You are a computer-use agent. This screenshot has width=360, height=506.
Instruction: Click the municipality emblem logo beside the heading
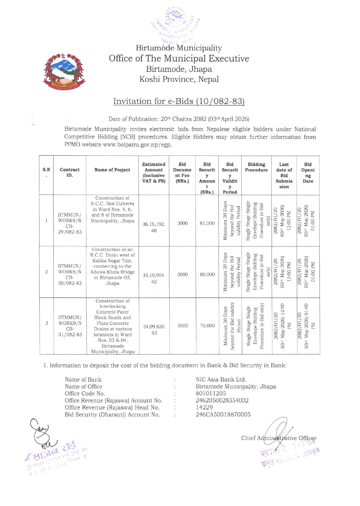[x=64, y=71]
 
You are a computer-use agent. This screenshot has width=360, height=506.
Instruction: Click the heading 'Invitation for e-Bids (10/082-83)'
[x=179, y=101]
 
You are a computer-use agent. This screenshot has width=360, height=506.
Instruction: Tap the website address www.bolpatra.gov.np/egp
[x=137, y=144]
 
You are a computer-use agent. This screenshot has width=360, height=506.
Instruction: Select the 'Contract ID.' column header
[x=70, y=172]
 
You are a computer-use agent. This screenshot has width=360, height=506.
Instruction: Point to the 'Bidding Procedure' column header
[x=256, y=167]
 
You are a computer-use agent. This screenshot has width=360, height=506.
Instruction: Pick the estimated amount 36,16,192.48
[x=154, y=227]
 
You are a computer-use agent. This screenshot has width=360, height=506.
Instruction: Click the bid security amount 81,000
[x=207, y=223]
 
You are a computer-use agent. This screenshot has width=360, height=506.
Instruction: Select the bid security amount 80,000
[x=207, y=274]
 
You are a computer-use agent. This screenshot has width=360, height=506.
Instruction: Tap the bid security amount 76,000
[x=207, y=326]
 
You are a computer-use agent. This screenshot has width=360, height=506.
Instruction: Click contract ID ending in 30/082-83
[x=70, y=274]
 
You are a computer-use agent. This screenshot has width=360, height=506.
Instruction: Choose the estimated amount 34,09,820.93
[x=154, y=330]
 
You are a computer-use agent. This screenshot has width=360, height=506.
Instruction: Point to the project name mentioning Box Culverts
[x=112, y=209]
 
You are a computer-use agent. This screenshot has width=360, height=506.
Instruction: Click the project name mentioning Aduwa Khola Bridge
[x=112, y=266]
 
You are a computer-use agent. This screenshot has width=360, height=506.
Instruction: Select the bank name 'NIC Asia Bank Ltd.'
[x=221, y=379]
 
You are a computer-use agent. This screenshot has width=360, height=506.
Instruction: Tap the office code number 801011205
[x=211, y=393]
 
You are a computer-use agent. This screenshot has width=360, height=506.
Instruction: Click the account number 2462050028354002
[x=222, y=400]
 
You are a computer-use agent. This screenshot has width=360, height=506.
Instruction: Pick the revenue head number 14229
[x=204, y=407]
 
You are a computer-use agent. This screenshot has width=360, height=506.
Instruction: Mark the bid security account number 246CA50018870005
[x=223, y=415]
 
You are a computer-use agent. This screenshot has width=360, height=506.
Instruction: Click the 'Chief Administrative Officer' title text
[x=278, y=438]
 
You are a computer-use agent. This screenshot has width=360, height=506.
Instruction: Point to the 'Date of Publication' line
[x=179, y=119]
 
